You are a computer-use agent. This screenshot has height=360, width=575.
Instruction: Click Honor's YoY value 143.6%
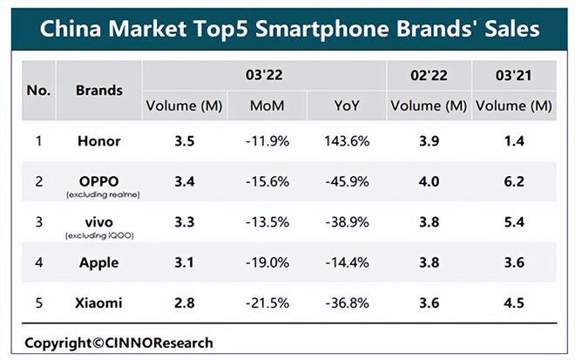coord(347,141)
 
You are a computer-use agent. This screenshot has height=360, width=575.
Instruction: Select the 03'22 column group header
coord(264,75)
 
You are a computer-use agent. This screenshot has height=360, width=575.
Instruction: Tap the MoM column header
coord(267,106)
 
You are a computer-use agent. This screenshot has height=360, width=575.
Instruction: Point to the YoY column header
coord(347,106)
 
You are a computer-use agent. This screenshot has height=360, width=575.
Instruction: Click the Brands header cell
coord(99,91)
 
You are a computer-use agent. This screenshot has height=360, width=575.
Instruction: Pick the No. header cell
coord(38,91)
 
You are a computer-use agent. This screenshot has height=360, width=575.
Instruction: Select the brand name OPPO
coord(99,181)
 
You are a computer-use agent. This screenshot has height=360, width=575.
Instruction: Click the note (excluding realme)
coord(103,195)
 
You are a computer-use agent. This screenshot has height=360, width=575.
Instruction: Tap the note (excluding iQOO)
coord(99,235)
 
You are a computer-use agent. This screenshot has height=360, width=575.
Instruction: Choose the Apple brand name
coord(99,262)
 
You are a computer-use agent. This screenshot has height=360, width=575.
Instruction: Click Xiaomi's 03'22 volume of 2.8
coord(184,303)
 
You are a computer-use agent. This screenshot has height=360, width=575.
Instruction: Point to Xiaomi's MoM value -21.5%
coord(267,303)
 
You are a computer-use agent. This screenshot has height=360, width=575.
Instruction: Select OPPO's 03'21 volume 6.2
coord(514,181)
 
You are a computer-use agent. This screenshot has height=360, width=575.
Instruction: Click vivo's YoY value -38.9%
coord(347,222)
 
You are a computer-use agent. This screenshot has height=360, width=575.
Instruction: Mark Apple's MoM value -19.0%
coord(267,262)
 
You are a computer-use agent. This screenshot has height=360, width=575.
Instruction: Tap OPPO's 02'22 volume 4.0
coord(429,181)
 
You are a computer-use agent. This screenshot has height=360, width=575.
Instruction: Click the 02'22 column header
coord(429,76)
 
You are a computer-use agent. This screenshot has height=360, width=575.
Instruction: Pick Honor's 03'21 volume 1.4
coord(514,141)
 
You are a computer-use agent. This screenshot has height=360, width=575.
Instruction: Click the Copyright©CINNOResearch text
coord(118,343)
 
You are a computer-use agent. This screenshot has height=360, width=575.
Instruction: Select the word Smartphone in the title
coord(322,29)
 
